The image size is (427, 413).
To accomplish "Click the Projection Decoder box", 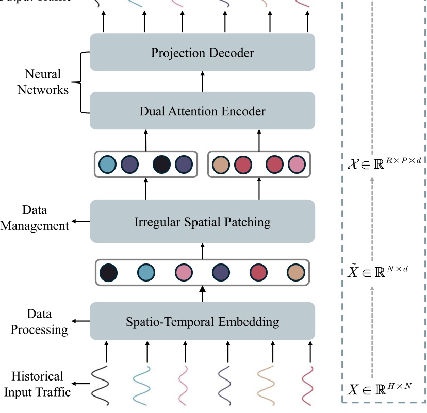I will point(202,52).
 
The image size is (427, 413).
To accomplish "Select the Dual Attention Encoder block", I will point(202,111).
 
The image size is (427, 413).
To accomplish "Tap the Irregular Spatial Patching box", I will point(202,222).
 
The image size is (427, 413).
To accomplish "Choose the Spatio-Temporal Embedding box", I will point(202,321).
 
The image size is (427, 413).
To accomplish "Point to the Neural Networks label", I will point(43,82).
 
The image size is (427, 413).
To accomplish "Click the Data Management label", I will point(35,218).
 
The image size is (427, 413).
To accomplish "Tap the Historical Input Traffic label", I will point(37,384).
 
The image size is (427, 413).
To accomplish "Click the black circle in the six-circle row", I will point(108,272).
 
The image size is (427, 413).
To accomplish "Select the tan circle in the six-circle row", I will point(296,272).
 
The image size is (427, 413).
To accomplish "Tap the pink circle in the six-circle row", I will point(183,272).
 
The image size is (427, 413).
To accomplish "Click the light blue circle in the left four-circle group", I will point(108,164).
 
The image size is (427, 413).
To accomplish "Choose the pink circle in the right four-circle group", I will point(297,164).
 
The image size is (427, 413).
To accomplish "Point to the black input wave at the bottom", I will point(101,385).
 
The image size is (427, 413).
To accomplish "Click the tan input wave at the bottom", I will point(268,385).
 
